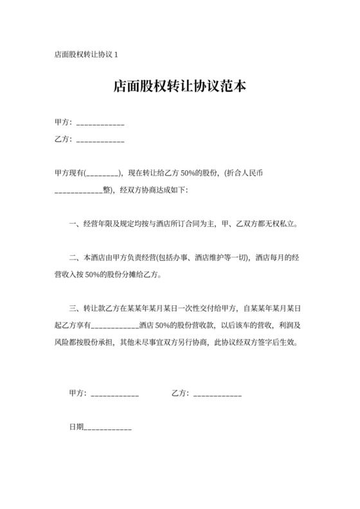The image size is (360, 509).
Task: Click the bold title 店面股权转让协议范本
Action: pos(180,87)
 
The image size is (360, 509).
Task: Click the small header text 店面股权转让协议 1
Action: pos(86,55)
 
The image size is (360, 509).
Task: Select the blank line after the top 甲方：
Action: pos(100,123)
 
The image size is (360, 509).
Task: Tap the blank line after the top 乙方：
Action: pos(100,139)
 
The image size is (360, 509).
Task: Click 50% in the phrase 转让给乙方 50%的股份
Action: pos(190,174)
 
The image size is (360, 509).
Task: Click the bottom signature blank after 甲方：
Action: pos(115,394)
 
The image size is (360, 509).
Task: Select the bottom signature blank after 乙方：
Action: pos(217,394)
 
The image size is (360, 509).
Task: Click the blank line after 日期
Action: pos(107,427)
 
